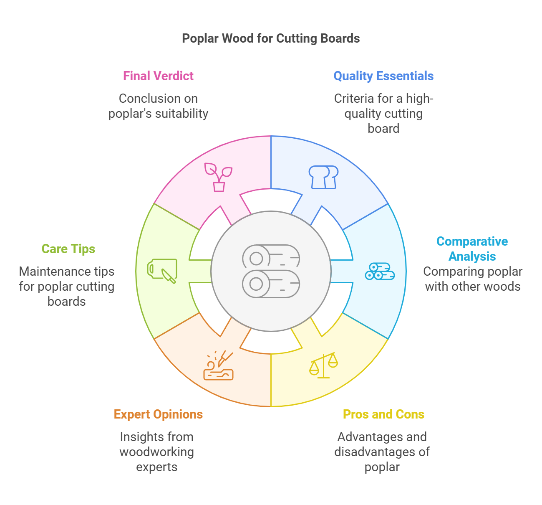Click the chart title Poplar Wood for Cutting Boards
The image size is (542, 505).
271,38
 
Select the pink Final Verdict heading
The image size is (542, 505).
158,76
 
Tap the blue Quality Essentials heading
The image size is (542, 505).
383,76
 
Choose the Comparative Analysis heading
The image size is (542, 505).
472,249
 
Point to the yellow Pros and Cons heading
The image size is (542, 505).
383,414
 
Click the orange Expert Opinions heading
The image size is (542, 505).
158,414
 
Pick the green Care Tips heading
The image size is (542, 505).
68,249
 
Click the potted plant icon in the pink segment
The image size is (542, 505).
218,177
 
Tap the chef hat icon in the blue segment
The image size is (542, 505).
323,177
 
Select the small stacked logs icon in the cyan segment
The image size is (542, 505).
380,271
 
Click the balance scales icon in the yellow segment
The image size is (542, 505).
323,365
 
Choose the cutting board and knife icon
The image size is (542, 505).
162,270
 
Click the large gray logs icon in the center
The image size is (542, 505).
271,271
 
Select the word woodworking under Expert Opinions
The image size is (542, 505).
156,452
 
